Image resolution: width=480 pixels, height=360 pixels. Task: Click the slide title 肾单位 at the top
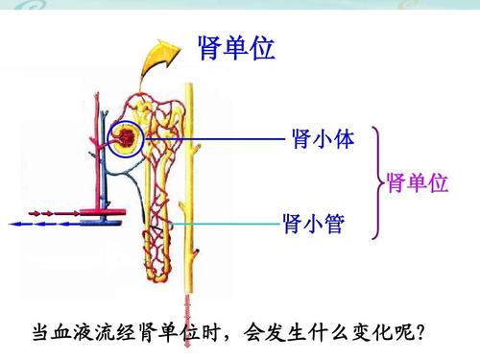pyautogui.click(x=235, y=48)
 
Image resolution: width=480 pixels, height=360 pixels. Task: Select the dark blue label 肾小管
pyautogui.click(x=314, y=226)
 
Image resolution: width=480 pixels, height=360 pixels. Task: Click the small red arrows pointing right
pyautogui.click(x=38, y=210)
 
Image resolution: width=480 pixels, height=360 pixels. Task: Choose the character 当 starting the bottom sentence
pyautogui.click(x=40, y=334)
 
